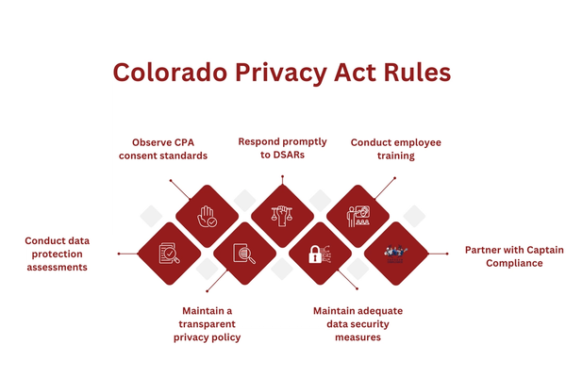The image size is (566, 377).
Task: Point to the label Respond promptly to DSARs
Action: (283, 148)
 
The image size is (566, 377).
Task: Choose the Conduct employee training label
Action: (395, 149)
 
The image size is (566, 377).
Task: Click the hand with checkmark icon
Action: (207, 216)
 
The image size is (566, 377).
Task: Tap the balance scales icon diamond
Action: (282, 216)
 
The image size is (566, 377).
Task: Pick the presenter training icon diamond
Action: (358, 216)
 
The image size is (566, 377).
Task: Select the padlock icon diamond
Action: (320, 254)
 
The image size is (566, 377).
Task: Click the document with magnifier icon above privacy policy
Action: (244, 254)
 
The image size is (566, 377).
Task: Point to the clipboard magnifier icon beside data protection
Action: (169, 254)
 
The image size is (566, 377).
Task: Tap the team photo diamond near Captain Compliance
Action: (395, 254)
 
